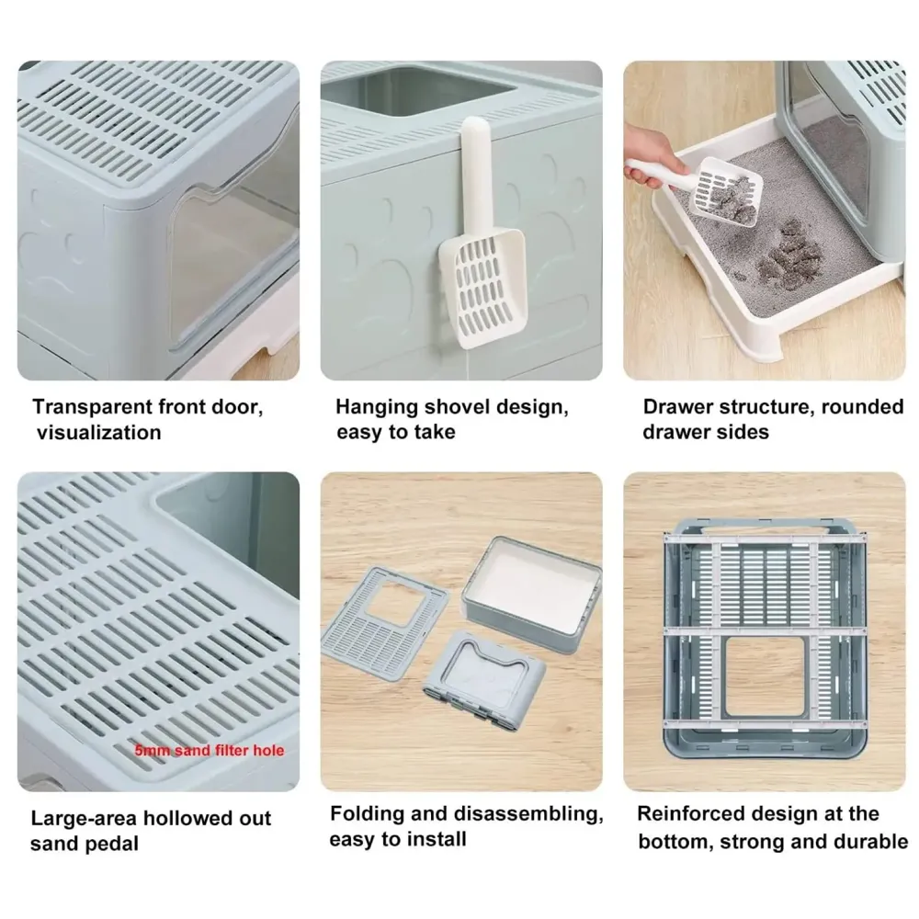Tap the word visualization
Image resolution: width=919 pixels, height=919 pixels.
coord(98,433)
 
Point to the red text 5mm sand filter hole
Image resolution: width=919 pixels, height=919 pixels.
coord(210,750)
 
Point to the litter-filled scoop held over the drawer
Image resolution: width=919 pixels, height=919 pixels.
coord(727,190)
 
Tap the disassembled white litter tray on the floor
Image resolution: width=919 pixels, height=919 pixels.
coord(531,587)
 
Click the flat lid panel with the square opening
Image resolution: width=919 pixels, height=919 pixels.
coord(384,622)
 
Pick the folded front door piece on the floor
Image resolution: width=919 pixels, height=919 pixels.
coord(483,680)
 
